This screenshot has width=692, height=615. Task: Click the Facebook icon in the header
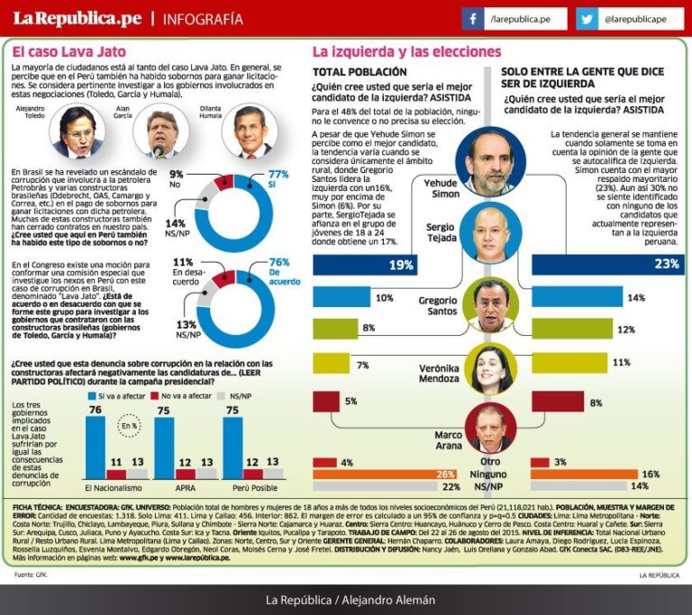tap(473, 19)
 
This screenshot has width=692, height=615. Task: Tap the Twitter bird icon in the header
tap(587, 19)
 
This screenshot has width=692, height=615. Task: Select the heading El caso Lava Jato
tap(69, 52)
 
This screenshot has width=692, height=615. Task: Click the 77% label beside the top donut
tap(278, 175)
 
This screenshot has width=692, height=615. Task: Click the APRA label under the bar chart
tap(186, 486)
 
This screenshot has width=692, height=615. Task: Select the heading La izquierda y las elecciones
tap(406, 52)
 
